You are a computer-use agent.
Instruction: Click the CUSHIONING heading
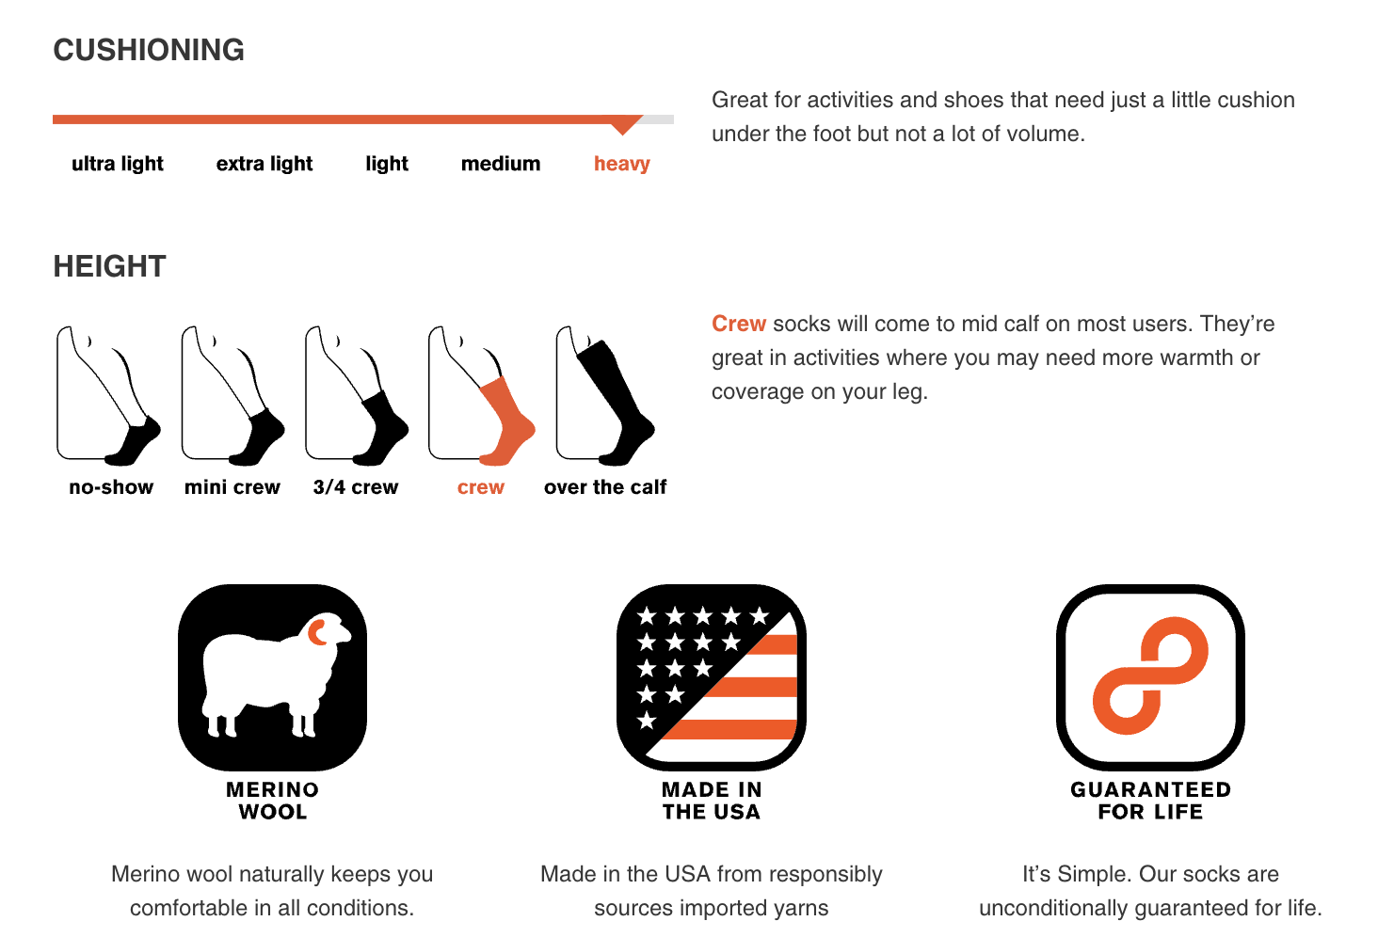click(149, 50)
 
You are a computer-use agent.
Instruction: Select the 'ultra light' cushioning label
click(118, 164)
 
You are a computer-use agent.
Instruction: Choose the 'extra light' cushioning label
click(264, 164)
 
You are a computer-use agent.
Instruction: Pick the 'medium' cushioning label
click(501, 164)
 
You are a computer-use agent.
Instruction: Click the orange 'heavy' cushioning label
click(622, 164)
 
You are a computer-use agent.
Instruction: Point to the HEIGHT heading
click(109, 266)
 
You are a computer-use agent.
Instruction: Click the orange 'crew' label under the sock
click(481, 487)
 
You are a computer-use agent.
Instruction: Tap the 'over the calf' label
click(605, 487)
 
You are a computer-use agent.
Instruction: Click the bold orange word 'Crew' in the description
click(739, 324)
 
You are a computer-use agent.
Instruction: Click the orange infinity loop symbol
click(1150, 675)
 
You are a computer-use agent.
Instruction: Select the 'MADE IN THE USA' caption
click(712, 801)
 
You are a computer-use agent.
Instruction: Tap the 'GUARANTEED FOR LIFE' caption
click(1150, 801)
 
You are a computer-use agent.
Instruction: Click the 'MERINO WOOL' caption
click(273, 801)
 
